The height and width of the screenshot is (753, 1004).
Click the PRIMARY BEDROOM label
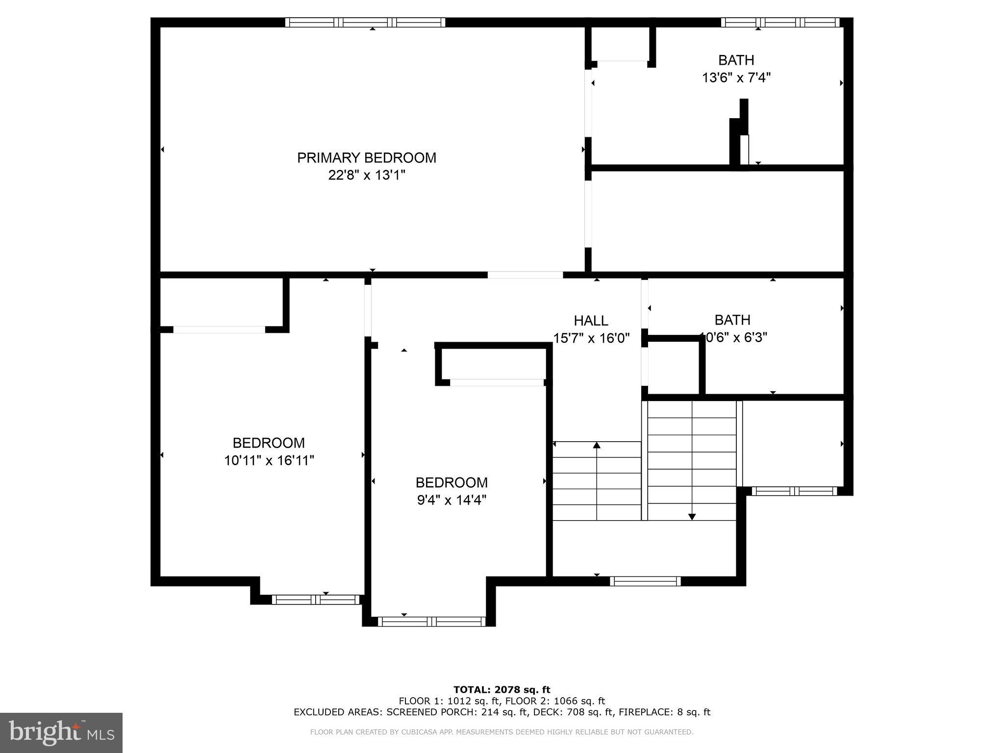(366, 157)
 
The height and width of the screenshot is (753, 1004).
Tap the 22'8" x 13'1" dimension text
(366, 175)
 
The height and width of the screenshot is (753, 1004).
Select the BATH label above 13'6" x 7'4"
(736, 60)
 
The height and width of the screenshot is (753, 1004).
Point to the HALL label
(591, 321)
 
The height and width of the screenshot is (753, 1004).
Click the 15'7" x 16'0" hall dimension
(591, 338)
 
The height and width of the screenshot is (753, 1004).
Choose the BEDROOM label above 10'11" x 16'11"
(268, 443)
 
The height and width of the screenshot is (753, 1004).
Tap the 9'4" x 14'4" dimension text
(451, 500)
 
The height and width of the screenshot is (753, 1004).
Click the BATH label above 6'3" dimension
(732, 320)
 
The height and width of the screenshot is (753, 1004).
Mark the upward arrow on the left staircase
(597, 445)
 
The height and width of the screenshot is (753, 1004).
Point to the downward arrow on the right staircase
(692, 516)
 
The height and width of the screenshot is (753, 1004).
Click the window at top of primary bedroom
(365, 22)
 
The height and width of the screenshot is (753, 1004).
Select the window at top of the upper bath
(780, 22)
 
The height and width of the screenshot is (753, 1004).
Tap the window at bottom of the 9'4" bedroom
(431, 622)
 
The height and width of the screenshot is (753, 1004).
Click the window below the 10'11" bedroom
(316, 599)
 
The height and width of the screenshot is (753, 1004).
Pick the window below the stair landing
(645, 581)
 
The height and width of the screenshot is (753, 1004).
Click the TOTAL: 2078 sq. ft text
(502, 690)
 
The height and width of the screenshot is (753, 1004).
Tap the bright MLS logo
(61, 732)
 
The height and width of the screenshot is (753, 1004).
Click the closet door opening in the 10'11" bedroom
(219, 329)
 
